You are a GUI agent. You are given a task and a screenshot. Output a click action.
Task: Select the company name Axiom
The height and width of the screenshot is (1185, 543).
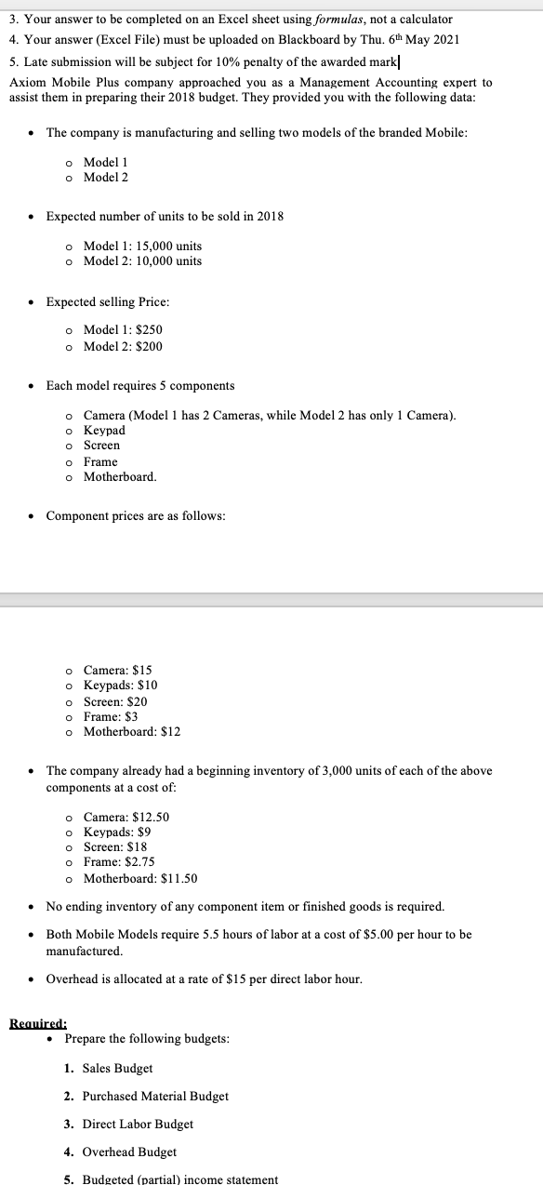coord(26,83)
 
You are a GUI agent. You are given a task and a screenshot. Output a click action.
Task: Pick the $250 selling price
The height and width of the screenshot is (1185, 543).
coord(149,330)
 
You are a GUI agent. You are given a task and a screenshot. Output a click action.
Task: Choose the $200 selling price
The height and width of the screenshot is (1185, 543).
coord(149,346)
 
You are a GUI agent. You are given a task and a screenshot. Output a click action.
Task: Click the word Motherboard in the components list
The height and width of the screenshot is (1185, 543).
coord(119,477)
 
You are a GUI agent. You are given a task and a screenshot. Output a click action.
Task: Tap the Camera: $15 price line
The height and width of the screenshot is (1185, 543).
coord(117,670)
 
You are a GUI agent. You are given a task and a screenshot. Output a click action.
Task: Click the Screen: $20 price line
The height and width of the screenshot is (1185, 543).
coord(114,701)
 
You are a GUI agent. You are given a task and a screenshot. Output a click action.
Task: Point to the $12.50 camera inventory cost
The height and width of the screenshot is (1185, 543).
coord(152,817)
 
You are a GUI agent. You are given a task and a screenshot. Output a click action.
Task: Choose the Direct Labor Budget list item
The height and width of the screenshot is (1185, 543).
coord(138,1124)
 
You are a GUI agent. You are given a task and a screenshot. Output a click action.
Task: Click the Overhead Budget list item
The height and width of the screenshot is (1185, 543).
coord(129,1152)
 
